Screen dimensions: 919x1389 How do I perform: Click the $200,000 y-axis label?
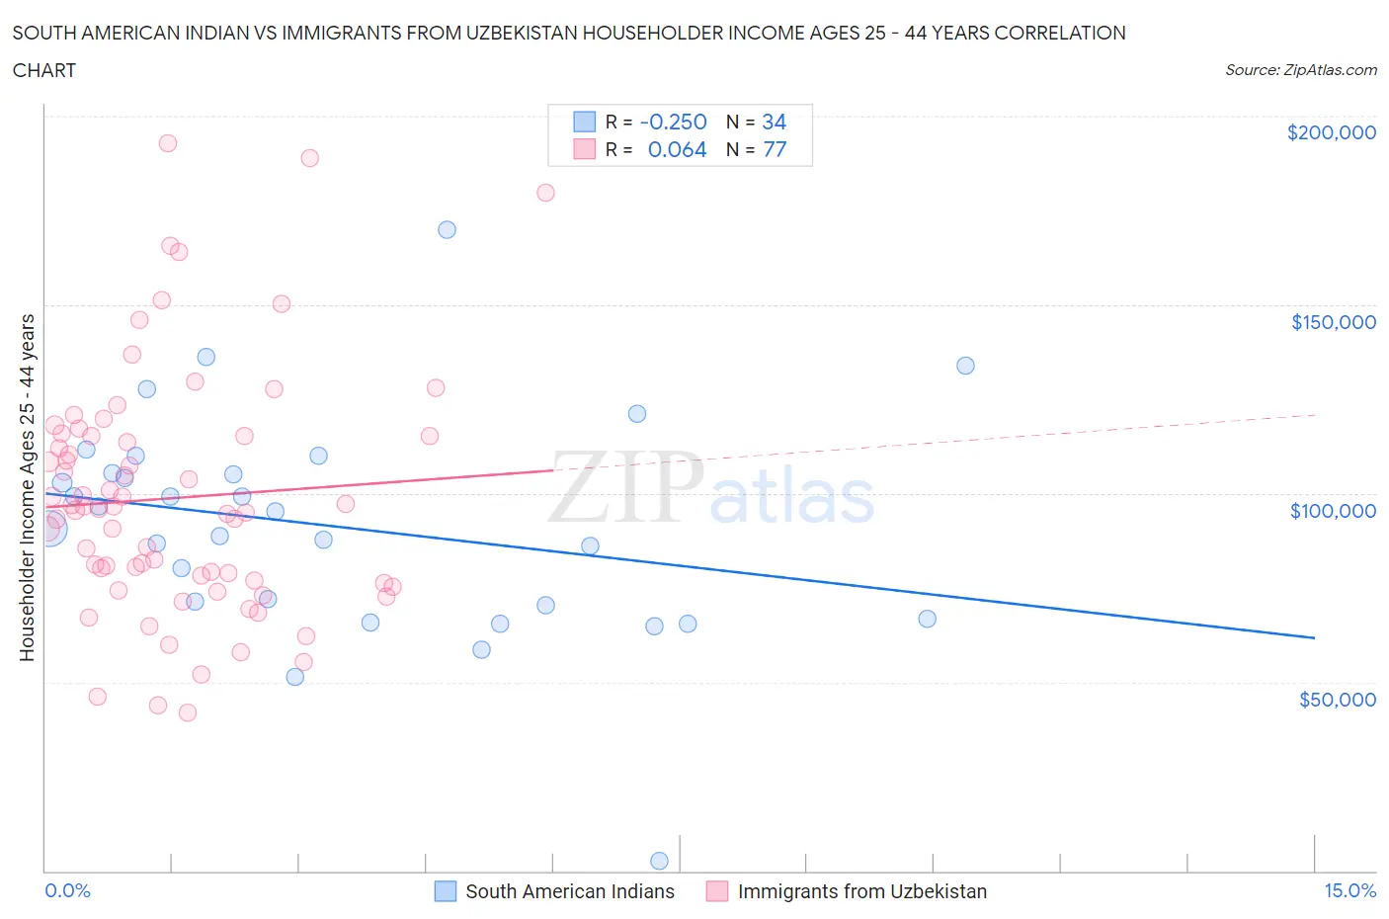1331,132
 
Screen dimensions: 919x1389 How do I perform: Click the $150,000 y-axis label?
1333,321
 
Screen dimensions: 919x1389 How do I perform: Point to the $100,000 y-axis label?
1333,510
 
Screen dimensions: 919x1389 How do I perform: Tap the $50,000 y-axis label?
1337,699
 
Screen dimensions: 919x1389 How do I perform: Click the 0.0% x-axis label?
67,890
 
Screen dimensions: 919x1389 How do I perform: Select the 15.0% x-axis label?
1349,890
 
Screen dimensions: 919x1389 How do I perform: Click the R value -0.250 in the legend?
673,122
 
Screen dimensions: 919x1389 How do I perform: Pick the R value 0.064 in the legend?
677,149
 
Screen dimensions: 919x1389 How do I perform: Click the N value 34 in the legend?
774,122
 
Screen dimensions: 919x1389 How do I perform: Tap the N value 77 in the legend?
775,149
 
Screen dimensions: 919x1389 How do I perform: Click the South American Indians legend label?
569,891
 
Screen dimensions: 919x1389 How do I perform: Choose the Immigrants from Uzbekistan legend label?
861,891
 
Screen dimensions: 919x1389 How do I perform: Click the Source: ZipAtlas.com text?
1300,70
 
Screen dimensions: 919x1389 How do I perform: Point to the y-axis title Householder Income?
28,487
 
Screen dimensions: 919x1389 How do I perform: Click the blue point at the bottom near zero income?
659,861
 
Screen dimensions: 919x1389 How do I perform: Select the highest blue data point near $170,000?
447,229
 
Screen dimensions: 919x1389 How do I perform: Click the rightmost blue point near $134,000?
965,366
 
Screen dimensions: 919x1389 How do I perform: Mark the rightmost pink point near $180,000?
545,193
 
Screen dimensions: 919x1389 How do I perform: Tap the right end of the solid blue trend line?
1314,638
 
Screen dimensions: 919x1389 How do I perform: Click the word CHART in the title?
44,70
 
